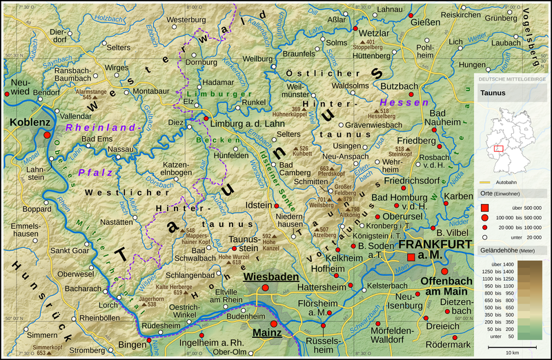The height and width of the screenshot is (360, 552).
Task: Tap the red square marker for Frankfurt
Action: (x=411, y=257)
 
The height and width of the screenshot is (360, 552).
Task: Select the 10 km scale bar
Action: (x=511, y=347)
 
